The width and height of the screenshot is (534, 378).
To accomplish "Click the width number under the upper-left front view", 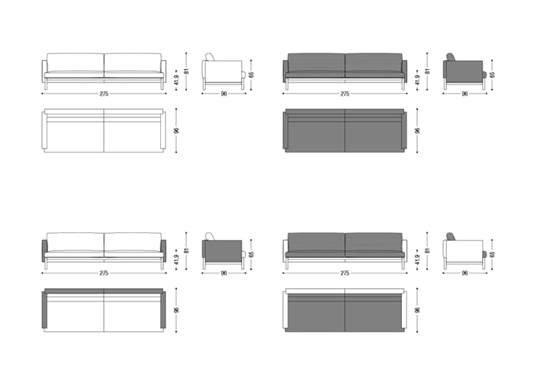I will click(104, 93).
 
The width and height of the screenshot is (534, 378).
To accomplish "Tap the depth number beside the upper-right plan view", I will click(418, 131).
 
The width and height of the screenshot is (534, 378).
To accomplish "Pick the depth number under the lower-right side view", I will click(464, 273).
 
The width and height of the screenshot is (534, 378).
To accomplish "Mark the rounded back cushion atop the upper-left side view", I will click(211, 57).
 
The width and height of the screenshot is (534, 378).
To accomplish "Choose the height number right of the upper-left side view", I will click(251, 74).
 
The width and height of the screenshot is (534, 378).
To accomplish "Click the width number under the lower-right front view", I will click(345, 273).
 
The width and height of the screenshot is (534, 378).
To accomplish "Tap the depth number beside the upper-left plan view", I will click(177, 131).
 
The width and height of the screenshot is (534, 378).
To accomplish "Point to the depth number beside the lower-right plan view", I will click(418, 310).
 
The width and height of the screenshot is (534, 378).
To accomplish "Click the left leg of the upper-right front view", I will click(287, 85).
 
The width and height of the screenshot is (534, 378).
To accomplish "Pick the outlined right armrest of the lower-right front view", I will click(404, 250).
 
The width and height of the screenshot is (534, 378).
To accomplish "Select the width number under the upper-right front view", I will click(345, 93).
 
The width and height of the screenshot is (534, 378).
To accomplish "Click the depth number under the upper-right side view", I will click(464, 94).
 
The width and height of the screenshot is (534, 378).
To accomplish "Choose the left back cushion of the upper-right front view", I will click(315, 64).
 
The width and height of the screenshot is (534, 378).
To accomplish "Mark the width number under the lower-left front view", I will click(104, 273).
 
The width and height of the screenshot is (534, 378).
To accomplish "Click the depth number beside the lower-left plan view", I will click(177, 310).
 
